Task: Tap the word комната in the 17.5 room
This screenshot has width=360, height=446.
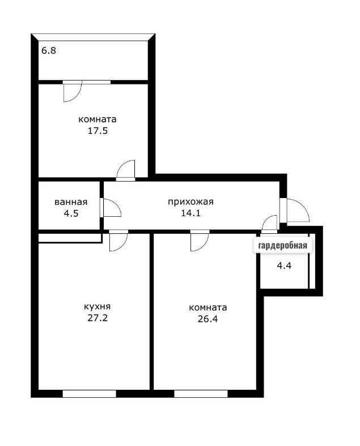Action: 98,120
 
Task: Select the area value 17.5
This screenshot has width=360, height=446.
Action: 98,131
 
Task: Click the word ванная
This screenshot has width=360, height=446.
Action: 71,203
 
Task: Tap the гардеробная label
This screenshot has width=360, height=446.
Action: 282,245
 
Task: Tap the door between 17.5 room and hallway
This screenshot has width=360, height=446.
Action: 126,170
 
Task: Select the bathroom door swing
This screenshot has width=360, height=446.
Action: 111,208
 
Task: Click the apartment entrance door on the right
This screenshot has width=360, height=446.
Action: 297,211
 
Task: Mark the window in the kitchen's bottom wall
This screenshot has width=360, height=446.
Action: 89,393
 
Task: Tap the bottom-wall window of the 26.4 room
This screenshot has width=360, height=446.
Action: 201,393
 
